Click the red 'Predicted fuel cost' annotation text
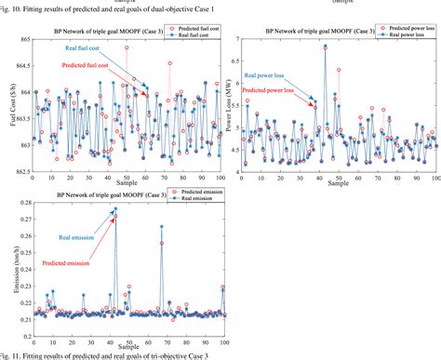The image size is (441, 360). (x=89, y=66)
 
